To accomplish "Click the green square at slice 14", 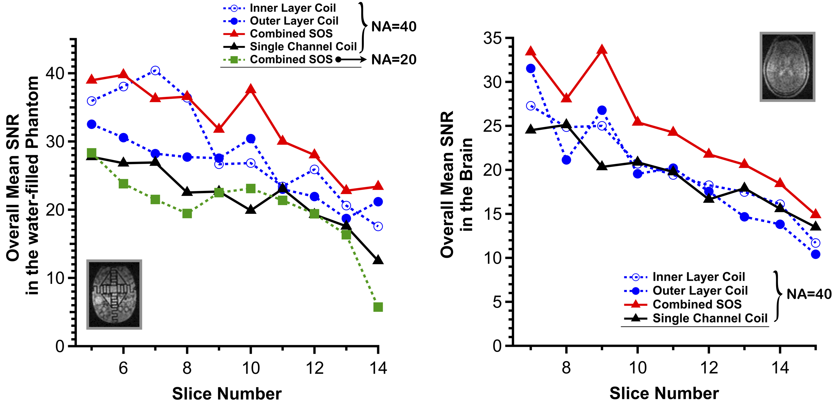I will pos(378,307).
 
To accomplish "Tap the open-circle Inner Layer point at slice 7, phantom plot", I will pos(155,70).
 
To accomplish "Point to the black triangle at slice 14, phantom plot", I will pos(378,260).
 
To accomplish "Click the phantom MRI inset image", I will pos(114,294).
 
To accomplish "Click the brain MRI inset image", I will pos(787,67).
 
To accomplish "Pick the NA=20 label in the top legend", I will pos(394,60).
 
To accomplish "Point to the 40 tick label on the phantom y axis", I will pos(55,73).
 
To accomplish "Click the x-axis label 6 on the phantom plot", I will pos(123,368).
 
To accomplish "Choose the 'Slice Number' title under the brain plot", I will pos(664,393).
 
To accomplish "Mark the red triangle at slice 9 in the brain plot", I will pos(602,50).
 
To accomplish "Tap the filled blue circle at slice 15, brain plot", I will pos(816,254).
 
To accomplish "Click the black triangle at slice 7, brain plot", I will pos(530,129).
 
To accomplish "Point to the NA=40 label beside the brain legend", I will pos(809,294).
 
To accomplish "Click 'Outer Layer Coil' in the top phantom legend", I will pos(294,21).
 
